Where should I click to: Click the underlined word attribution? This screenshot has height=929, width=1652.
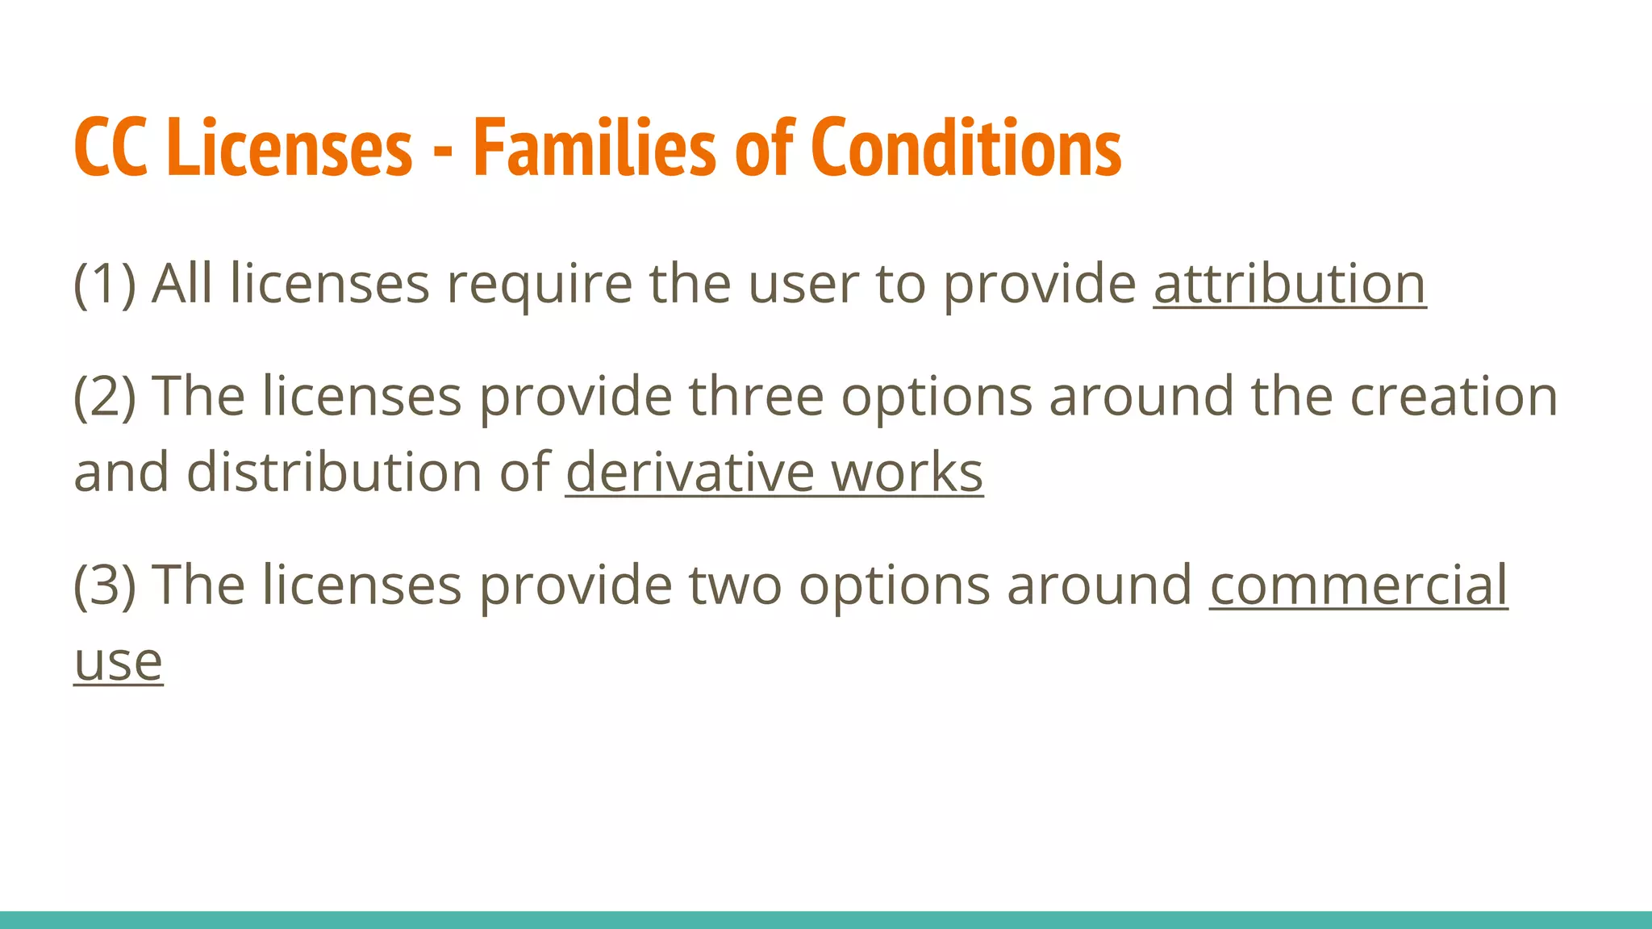tap(1289, 284)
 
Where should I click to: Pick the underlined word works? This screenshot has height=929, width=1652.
tap(907, 473)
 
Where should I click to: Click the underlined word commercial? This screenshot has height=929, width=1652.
tap(1358, 585)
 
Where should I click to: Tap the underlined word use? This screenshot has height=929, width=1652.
tap(119, 663)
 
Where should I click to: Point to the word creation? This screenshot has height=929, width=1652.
tap(1454, 397)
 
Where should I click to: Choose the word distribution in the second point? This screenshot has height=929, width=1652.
tap(335, 473)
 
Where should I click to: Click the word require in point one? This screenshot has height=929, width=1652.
tap(539, 285)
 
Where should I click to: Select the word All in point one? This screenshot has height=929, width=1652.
tap(182, 284)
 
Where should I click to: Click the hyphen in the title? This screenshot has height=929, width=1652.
tap(442, 150)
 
